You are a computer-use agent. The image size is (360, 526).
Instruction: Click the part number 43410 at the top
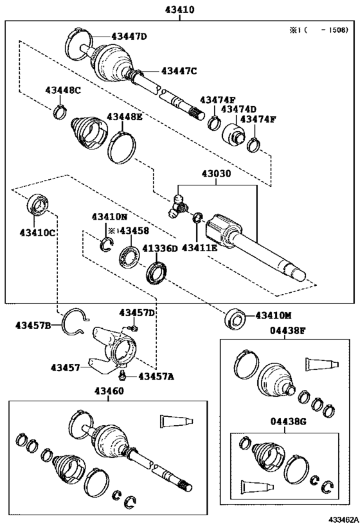[x=179, y=10]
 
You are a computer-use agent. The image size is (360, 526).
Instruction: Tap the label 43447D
[x=129, y=36]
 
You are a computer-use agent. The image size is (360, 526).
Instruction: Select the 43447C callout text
[x=179, y=71]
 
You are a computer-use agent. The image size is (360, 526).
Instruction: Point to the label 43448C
[x=63, y=90]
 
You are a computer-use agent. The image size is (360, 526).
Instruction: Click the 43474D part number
[x=239, y=109]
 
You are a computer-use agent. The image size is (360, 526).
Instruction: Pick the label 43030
[x=216, y=174]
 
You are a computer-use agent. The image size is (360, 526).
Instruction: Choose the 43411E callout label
[x=199, y=248]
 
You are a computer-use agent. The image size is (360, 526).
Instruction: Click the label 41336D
[x=159, y=249]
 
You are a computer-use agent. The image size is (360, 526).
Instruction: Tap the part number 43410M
[x=273, y=316]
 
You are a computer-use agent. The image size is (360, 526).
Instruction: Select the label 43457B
[x=33, y=325]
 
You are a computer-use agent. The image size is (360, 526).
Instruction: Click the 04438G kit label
[x=289, y=421]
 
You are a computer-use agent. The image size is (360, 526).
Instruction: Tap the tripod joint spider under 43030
[x=177, y=207]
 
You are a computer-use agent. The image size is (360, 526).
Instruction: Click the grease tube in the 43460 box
[x=176, y=421]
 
